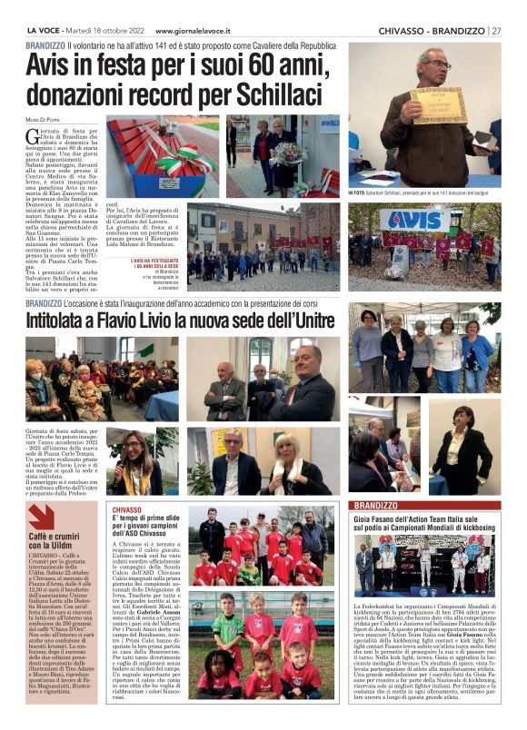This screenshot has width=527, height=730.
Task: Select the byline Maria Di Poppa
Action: (x=42, y=120)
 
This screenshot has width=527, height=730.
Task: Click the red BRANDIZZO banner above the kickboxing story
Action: (x=375, y=504)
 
